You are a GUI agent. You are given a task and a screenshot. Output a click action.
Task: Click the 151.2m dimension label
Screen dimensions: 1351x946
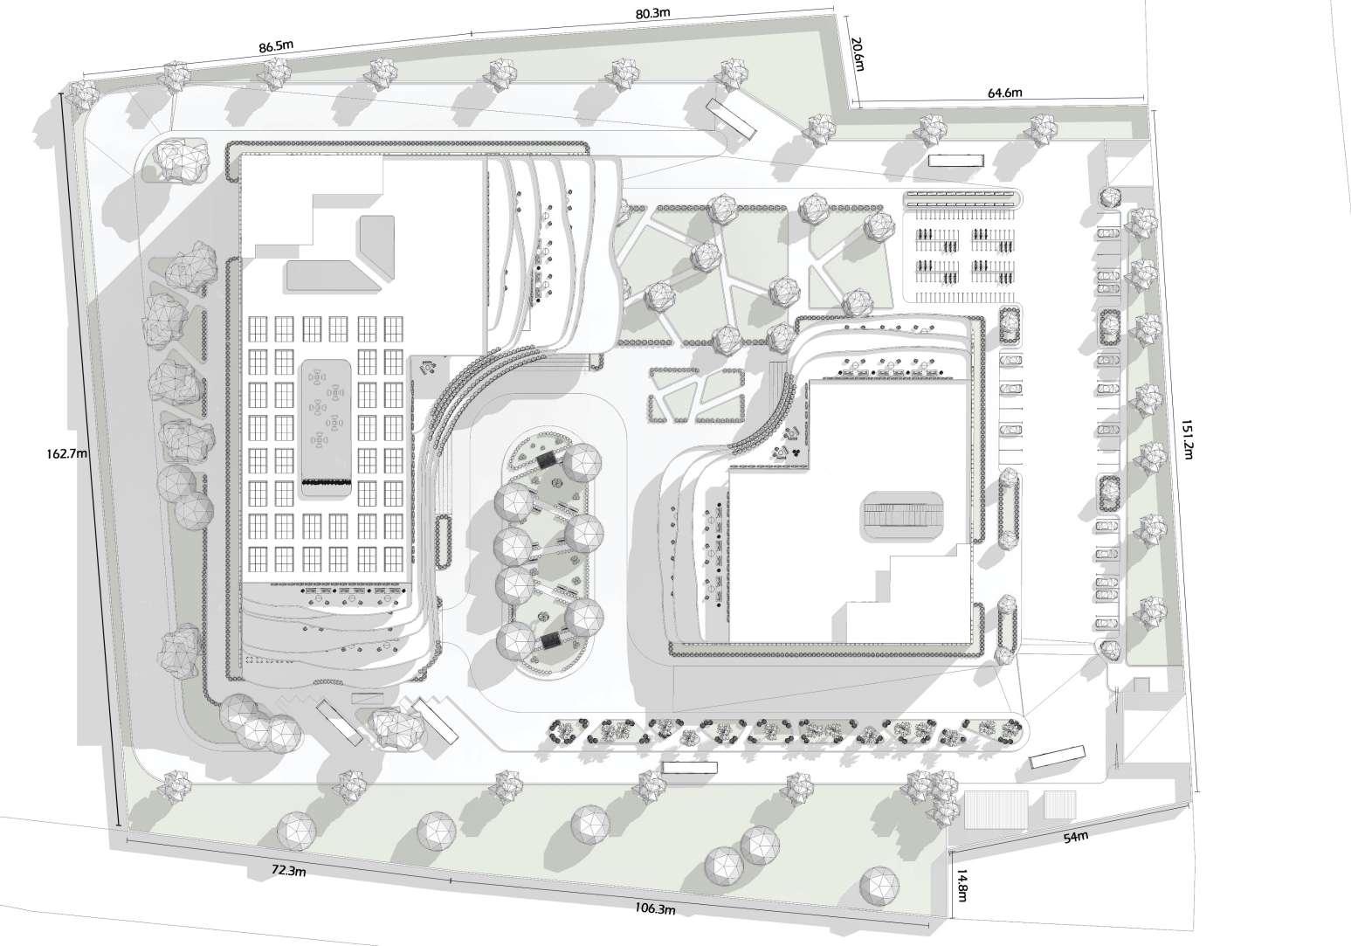[1185, 436]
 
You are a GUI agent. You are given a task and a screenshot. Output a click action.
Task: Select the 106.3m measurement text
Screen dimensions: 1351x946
[654, 909]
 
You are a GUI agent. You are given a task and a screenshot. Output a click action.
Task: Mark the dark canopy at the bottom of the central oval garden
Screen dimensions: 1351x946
[552, 642]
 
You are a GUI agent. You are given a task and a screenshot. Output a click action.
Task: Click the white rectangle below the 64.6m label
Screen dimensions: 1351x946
[955, 161]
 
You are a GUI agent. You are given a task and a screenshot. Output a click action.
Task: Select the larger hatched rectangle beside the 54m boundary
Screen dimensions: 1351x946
[996, 807]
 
